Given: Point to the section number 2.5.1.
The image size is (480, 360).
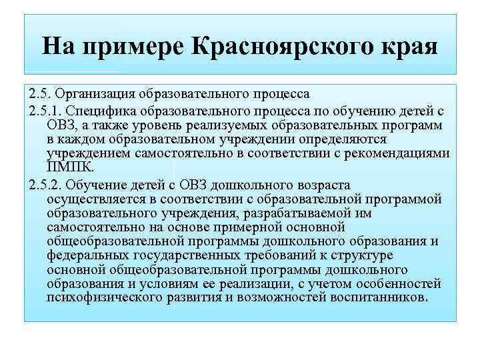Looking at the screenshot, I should click(x=47, y=110).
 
